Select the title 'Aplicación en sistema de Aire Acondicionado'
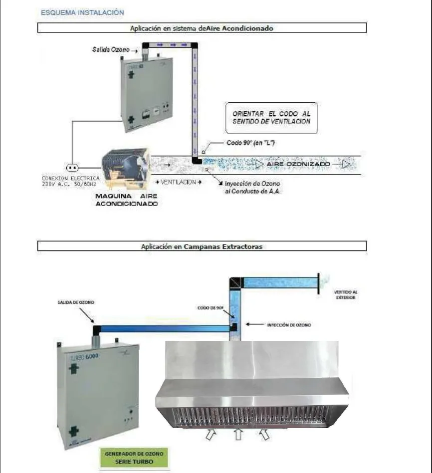click(x=202, y=28)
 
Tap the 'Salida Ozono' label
click(x=111, y=50)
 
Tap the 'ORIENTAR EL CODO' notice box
click(x=271, y=118)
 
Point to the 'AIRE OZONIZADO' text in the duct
click(x=298, y=164)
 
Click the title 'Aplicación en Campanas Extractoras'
click(x=202, y=246)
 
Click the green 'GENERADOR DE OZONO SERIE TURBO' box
click(x=134, y=457)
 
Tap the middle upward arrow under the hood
click(x=238, y=435)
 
